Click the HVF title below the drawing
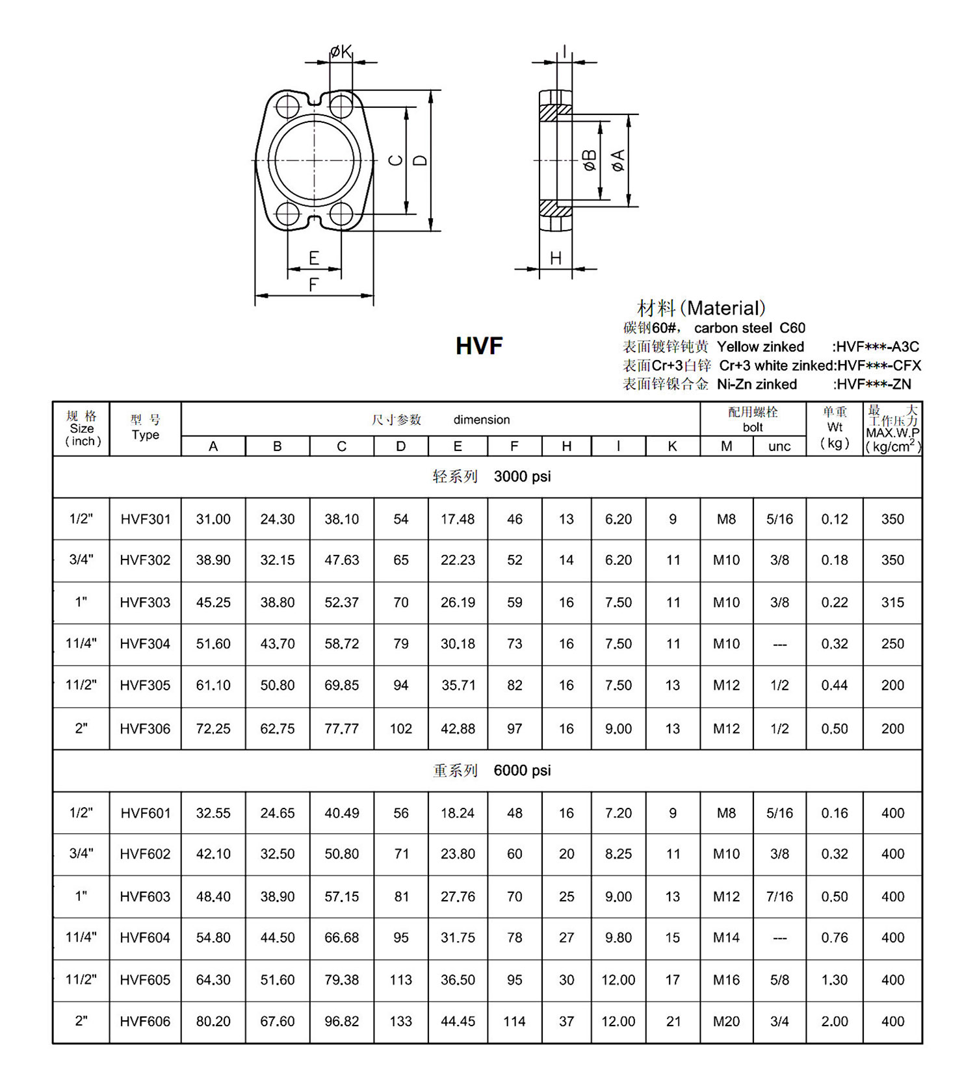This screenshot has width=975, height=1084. tap(479, 346)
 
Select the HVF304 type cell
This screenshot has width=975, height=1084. tap(145, 643)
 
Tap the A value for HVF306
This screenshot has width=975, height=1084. tap(213, 729)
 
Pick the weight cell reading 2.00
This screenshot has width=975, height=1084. tap(834, 1021)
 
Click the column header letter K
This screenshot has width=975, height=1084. tap(672, 446)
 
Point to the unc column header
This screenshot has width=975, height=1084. tap(779, 446)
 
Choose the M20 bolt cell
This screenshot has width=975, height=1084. tap(726, 1021)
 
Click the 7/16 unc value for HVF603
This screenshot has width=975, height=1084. tap(779, 896)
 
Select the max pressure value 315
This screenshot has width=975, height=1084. tap(892, 602)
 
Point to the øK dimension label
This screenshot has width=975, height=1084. tap(341, 51)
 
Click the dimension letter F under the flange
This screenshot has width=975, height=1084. tap(313, 285)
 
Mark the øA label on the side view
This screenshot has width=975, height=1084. tap(618, 160)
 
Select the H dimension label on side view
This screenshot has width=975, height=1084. tap(556, 259)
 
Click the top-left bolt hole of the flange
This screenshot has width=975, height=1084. tap(287, 106)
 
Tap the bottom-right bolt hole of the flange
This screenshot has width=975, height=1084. tap(341, 214)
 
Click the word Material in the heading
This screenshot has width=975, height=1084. tap(725, 308)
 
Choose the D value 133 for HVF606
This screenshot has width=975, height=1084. tap(401, 1021)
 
